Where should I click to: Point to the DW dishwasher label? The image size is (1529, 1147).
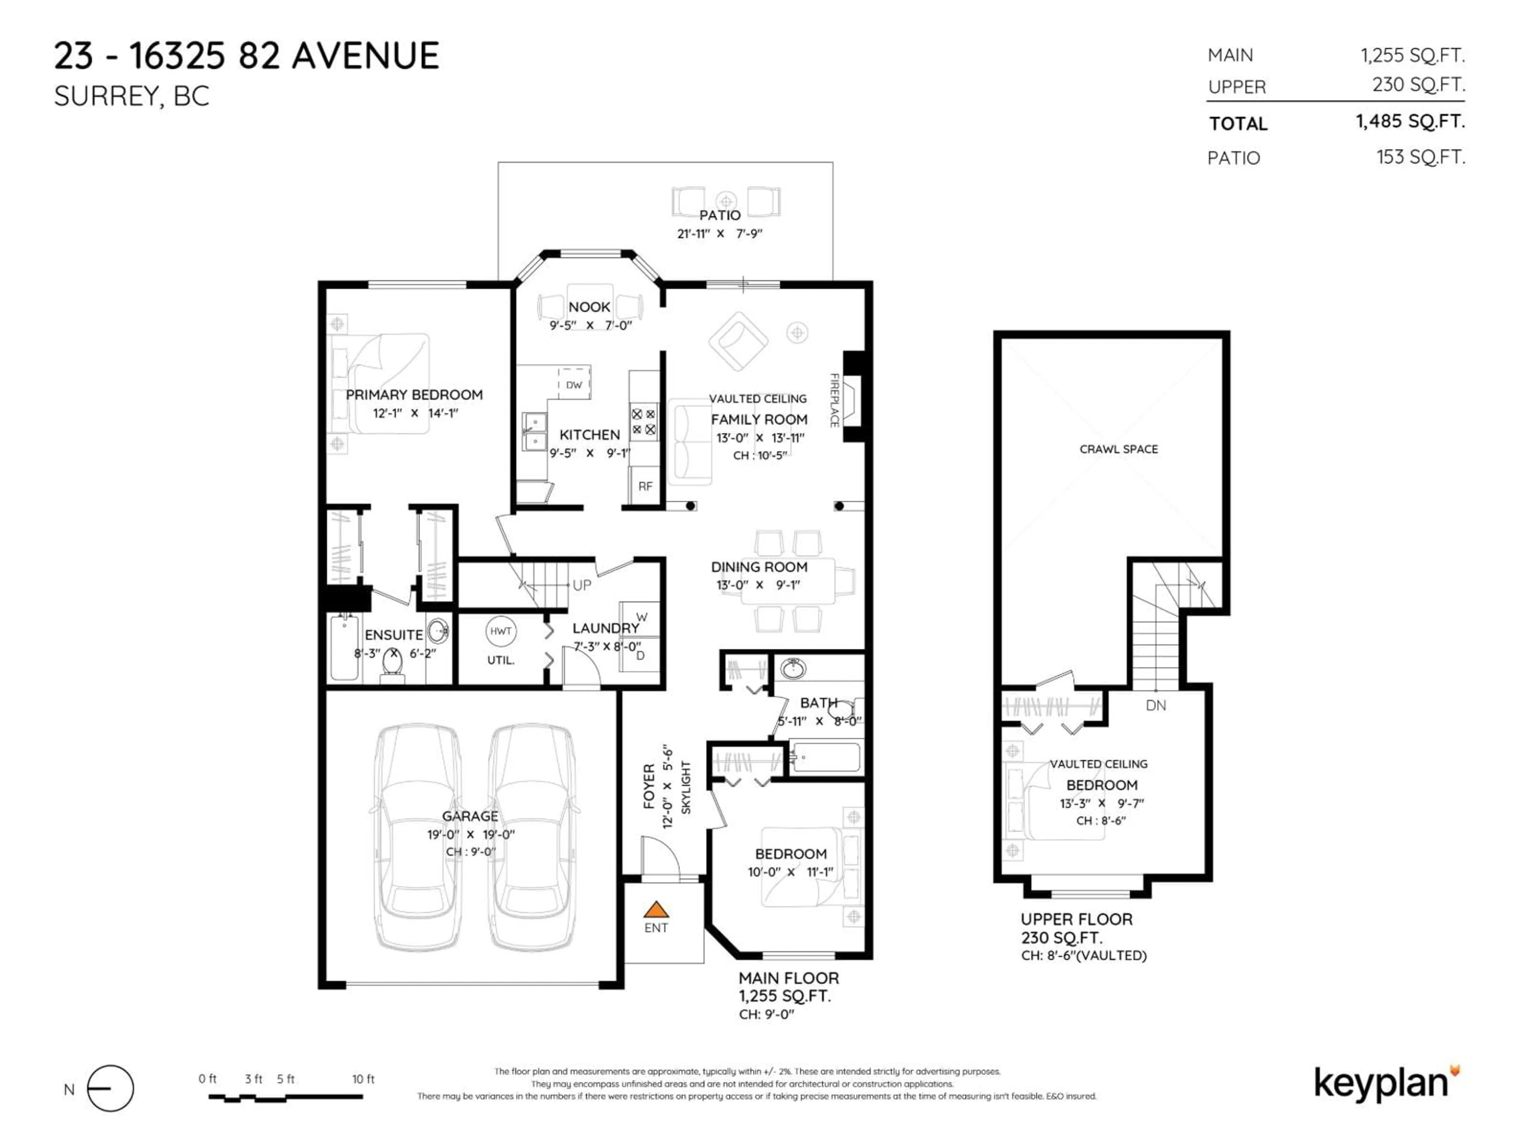point(574,385)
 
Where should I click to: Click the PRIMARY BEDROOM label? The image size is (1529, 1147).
point(414,395)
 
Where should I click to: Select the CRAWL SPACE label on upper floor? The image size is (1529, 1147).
point(1118,449)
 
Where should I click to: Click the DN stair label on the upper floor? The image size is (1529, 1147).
point(1156,705)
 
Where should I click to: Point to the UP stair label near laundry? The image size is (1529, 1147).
point(581,585)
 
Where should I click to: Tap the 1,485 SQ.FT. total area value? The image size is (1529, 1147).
point(1410,122)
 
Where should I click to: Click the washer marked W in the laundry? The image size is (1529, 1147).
point(641,617)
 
